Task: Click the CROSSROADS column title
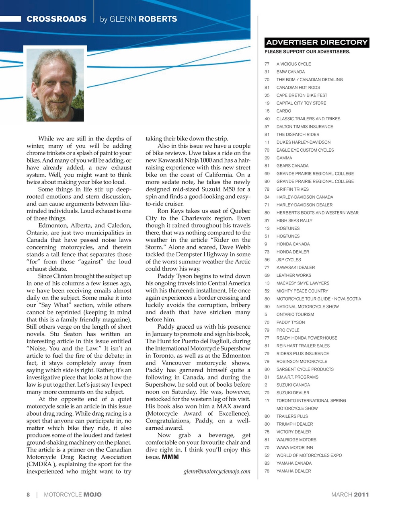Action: tap(56, 19)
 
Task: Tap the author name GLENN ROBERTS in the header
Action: tap(138, 19)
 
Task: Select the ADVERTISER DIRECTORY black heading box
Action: tap(317, 42)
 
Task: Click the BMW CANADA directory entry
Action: tap(290, 72)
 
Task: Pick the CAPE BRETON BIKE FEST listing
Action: tap(302, 95)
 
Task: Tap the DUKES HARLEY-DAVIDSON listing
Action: tap(303, 142)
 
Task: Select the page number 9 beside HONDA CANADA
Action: tap(266, 244)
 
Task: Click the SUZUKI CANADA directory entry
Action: tap(293, 385)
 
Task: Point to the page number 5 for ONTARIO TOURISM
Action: tap(266, 314)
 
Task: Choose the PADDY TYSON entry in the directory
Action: tap(290, 322)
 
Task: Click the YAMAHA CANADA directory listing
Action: tap(294, 463)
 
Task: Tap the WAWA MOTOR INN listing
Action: tap(295, 447)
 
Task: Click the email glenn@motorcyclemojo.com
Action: tap(217, 471)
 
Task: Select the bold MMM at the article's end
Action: tap(170, 457)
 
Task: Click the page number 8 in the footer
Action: tap(28, 494)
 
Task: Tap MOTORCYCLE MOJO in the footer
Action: tap(72, 494)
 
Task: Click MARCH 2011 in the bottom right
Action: tap(350, 494)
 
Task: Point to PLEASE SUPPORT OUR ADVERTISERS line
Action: tap(307, 51)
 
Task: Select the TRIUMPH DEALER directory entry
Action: tap(294, 424)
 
